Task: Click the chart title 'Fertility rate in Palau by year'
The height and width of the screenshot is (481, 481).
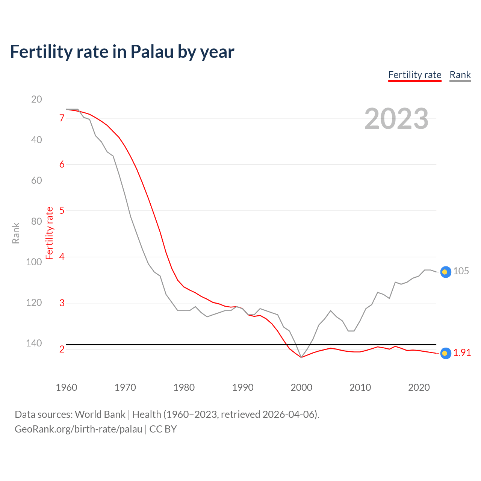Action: point(122,52)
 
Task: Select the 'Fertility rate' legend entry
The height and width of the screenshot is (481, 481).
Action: point(414,75)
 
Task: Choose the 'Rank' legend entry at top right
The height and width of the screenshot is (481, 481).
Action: point(460,75)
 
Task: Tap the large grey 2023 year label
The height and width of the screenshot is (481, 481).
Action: point(396,119)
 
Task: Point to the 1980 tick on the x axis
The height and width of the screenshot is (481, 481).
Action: point(184,387)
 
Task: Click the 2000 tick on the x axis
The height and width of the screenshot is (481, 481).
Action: point(301,387)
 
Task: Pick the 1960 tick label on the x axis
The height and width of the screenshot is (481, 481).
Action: point(67,387)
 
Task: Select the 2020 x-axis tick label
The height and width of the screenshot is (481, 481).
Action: point(419,387)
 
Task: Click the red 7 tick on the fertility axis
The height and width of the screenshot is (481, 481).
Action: point(62,118)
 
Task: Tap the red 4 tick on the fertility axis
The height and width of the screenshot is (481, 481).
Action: point(62,257)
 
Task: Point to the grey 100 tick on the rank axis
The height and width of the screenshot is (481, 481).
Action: point(34,262)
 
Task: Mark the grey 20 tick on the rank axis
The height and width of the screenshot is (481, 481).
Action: point(36,99)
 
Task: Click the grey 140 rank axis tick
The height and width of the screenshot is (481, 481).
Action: point(34,343)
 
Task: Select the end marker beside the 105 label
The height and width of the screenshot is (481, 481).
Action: point(445,272)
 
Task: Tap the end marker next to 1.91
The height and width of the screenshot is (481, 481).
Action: point(445,353)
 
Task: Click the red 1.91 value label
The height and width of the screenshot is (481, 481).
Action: point(462,352)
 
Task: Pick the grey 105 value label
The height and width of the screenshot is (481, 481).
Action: point(461,271)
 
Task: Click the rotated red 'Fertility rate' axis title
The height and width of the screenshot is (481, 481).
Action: point(50,233)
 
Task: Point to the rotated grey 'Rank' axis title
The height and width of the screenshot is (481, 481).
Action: point(16,233)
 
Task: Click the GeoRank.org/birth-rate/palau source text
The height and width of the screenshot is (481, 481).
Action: point(79,429)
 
